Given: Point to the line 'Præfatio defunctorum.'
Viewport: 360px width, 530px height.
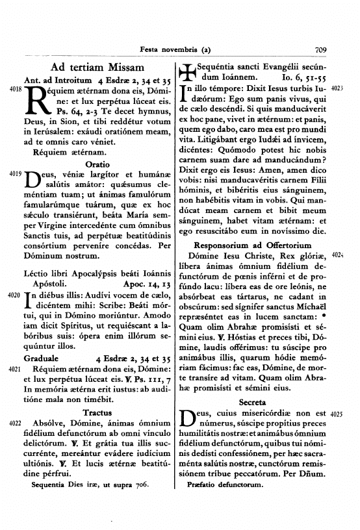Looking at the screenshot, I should (x=223, y=485).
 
